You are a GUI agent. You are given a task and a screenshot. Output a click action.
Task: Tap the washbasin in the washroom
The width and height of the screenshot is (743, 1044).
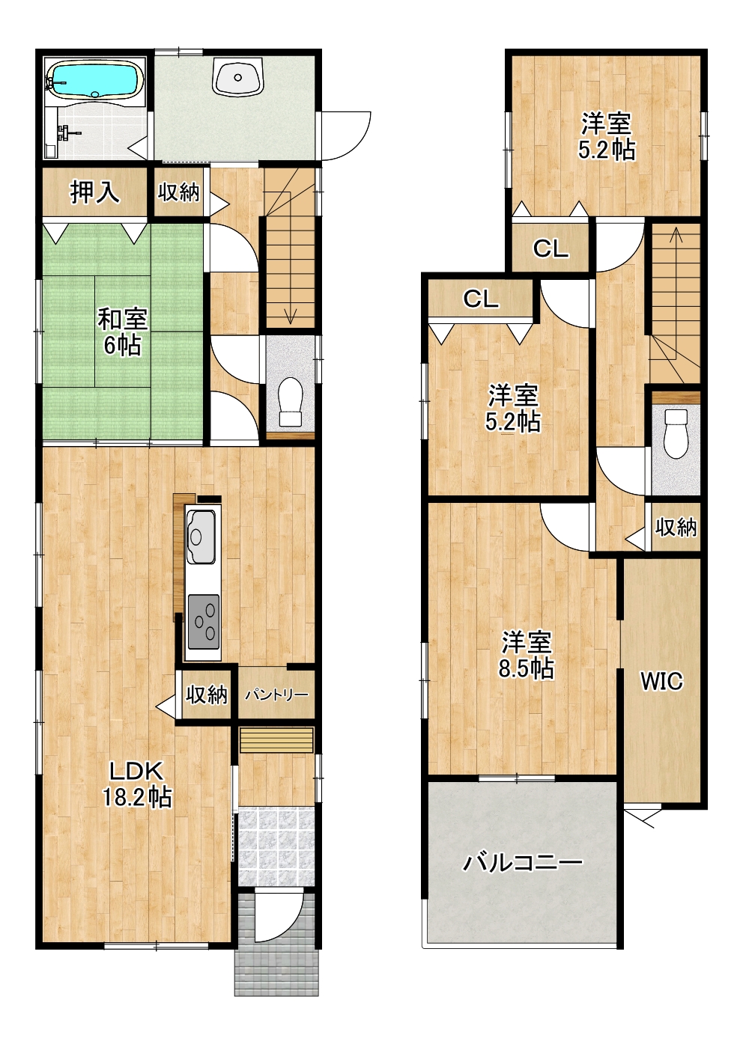pyautogui.click(x=238, y=76)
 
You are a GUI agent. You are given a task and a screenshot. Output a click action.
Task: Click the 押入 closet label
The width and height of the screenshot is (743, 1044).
pyautogui.click(x=94, y=192)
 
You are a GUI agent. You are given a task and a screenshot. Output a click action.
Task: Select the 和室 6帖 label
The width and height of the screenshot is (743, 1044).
pyautogui.click(x=122, y=332)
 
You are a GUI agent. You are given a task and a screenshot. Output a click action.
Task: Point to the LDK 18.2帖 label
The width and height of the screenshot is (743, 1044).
pyautogui.click(x=136, y=787)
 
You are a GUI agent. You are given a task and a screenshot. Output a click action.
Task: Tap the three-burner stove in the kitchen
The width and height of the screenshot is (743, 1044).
pyautogui.click(x=204, y=622)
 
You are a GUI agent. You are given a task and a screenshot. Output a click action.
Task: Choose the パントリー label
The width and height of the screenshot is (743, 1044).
pyautogui.click(x=277, y=695)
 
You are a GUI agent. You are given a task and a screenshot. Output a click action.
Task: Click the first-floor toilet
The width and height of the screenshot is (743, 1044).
pyautogui.click(x=290, y=401)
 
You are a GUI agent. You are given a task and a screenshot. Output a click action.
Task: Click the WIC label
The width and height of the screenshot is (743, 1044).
pyautogui.click(x=661, y=681)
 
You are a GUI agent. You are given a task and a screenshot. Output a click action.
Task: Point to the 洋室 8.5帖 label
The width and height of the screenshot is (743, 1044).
pyautogui.click(x=527, y=656)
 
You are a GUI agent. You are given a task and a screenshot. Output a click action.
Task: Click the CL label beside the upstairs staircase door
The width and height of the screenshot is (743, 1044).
pyautogui.click(x=551, y=249)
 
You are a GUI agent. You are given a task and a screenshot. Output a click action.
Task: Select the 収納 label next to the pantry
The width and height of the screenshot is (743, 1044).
pyautogui.click(x=207, y=695)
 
